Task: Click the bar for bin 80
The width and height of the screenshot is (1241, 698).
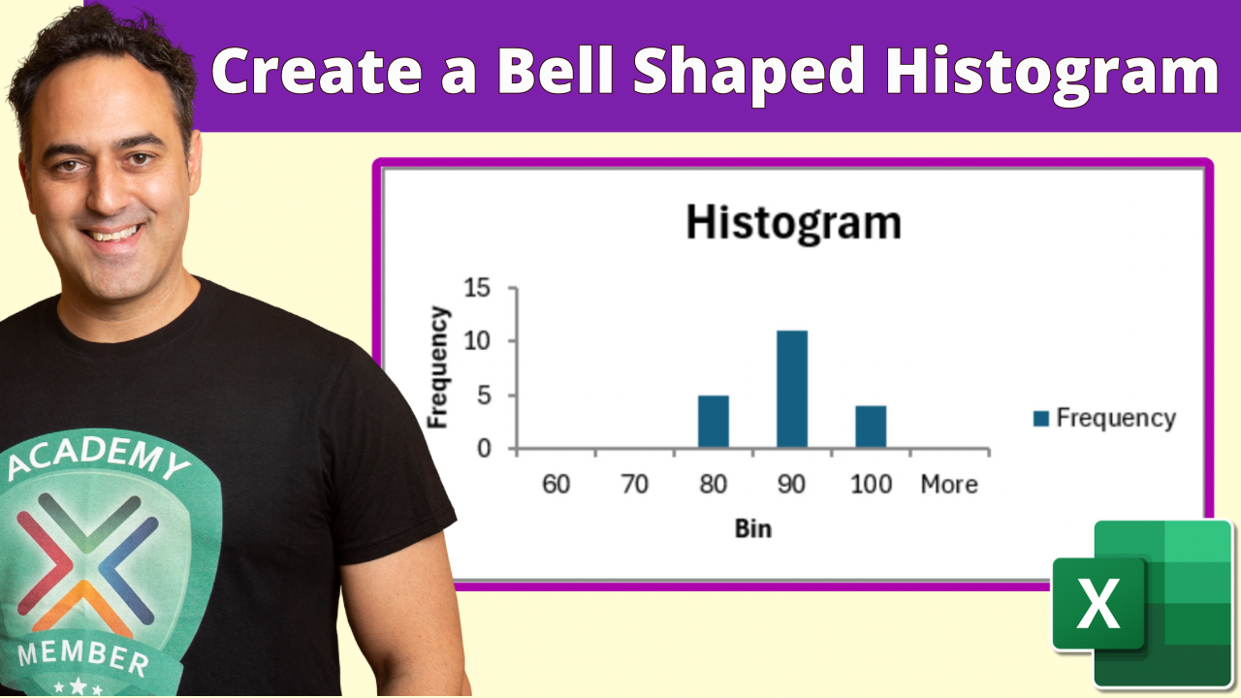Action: coord(713,421)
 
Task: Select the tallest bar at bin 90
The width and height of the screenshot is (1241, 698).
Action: coord(792,389)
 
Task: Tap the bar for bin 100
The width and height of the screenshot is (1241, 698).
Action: coord(871,427)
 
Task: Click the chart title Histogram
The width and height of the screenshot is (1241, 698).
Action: coord(793,223)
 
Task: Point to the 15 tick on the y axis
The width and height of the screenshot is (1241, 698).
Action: coord(477,288)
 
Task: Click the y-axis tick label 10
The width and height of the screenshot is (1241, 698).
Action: coord(477,341)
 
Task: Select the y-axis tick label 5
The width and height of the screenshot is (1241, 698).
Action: coord(484,396)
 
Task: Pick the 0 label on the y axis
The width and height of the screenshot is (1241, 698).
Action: coord(484,449)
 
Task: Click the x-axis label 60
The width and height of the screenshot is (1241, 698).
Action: coord(556,485)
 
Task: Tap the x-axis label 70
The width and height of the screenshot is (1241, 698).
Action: coord(634,485)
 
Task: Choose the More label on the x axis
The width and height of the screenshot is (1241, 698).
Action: coord(949,485)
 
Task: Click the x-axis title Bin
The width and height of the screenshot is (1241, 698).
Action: coord(753,529)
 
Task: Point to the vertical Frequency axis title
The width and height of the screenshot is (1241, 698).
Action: coord(437,367)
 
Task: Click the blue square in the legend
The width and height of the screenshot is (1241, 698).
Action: coord(1041,419)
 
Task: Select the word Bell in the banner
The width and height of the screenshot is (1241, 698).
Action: coord(556,71)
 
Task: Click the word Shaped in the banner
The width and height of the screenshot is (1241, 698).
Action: coord(748,74)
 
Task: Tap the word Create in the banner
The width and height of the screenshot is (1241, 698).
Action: coord(316,72)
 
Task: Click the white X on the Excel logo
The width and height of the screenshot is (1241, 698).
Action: coord(1098,603)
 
